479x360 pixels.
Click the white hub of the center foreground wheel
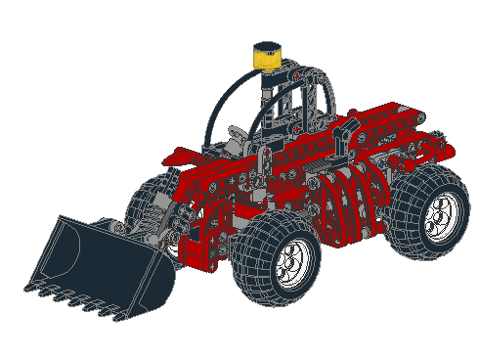tap(292, 260)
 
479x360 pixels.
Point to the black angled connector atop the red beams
tap(342, 141)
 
